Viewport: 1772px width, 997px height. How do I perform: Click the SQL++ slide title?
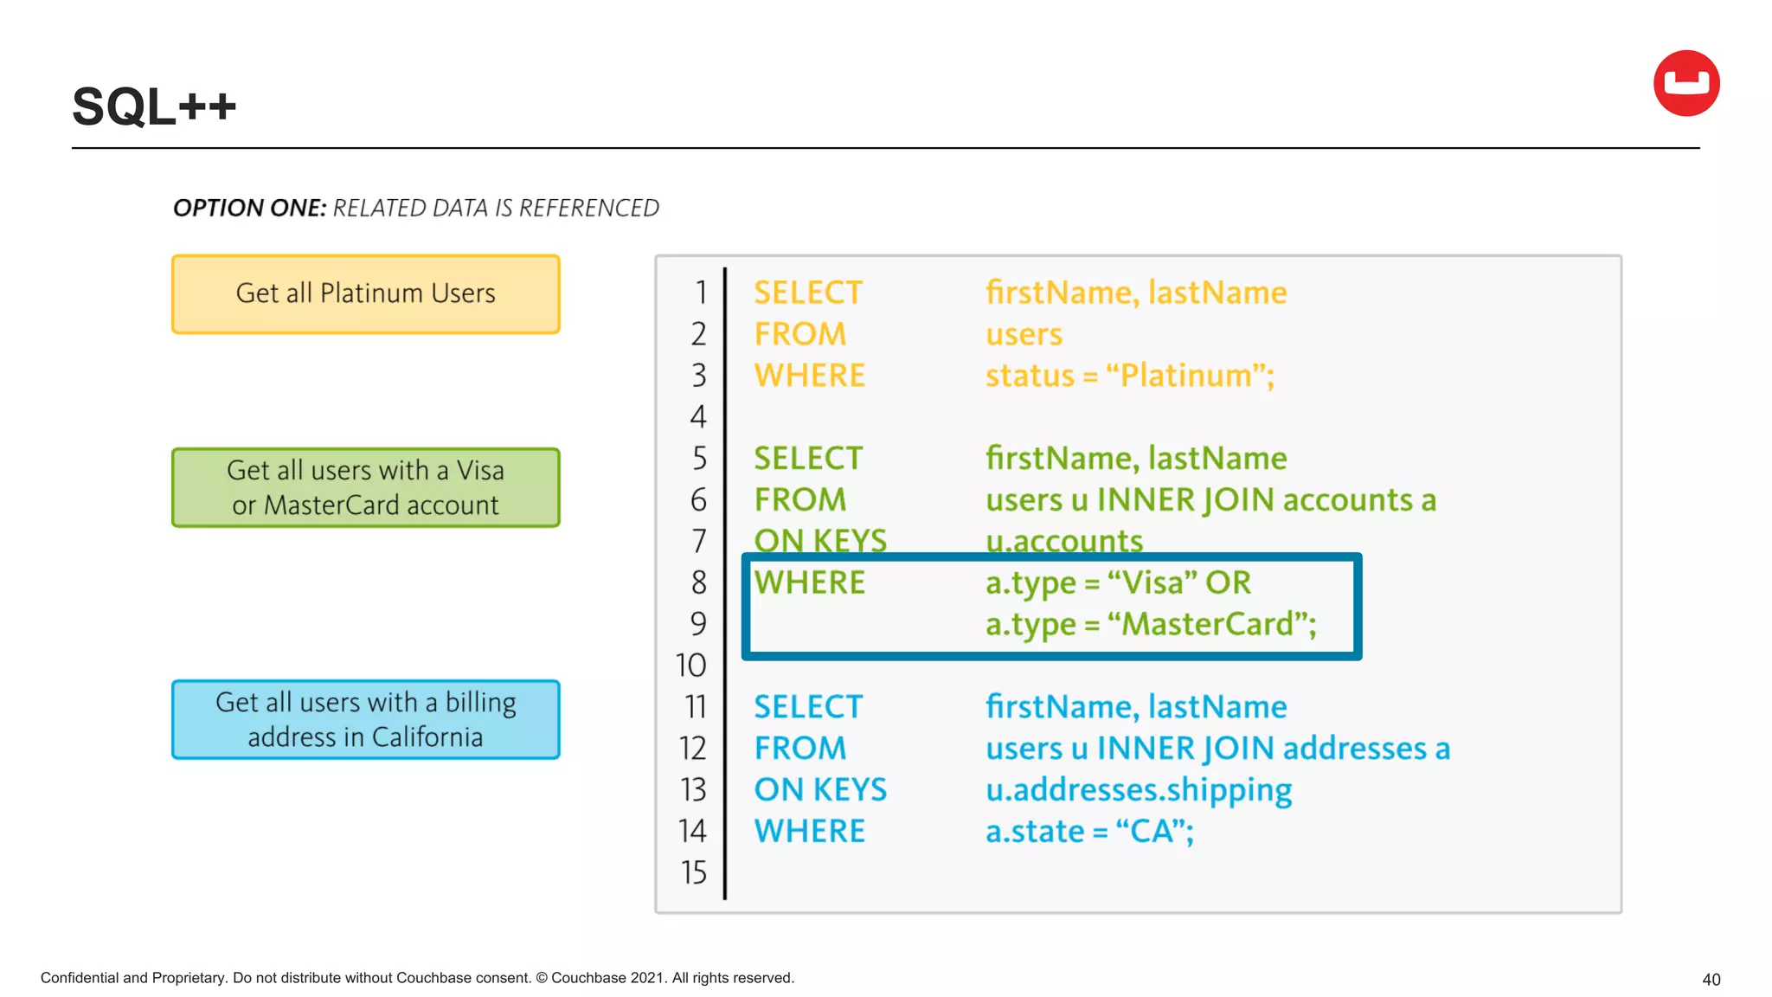(x=154, y=107)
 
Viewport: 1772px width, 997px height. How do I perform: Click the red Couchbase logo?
(x=1685, y=83)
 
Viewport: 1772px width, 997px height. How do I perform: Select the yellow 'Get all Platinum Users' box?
(x=365, y=294)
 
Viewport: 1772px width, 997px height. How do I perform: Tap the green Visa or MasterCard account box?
(x=365, y=487)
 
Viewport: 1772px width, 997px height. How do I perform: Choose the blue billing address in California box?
(x=365, y=719)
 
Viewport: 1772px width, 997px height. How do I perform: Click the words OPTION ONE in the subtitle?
(x=249, y=209)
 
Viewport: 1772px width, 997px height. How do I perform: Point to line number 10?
(x=690, y=666)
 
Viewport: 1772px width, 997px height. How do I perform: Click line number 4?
(x=698, y=417)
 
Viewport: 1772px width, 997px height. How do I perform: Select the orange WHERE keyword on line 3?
(x=809, y=376)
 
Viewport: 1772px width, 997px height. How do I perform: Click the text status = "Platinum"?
(x=1129, y=376)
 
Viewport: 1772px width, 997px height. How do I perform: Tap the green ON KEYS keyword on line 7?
(x=819, y=541)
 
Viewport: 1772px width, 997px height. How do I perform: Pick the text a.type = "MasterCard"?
(x=1150, y=624)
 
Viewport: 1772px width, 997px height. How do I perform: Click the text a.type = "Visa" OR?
(x=1118, y=583)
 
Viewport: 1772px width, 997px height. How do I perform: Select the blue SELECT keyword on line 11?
(x=807, y=707)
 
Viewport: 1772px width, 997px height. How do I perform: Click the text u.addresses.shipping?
(x=1138, y=790)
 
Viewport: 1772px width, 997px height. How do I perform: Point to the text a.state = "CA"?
(x=1089, y=832)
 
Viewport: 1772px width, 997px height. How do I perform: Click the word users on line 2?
(x=1024, y=335)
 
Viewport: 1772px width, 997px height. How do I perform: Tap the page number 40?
(x=1711, y=980)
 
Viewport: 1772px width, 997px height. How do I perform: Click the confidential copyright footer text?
(x=417, y=978)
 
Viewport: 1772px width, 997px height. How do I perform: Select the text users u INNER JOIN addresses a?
(x=1217, y=749)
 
